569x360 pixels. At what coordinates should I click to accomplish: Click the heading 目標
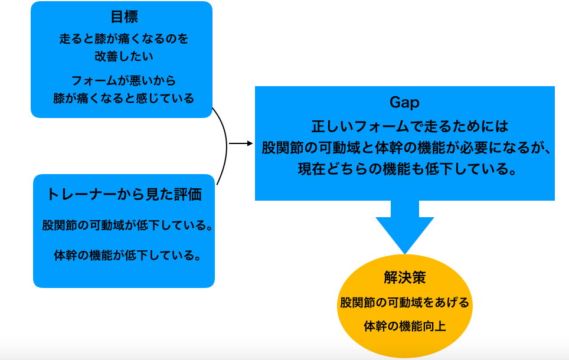click(x=124, y=17)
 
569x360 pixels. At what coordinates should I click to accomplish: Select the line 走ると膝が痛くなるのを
click(x=124, y=38)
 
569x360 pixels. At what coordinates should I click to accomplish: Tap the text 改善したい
click(x=124, y=56)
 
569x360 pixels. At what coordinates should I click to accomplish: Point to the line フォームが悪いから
click(x=123, y=80)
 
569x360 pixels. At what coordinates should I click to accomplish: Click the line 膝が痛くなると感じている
click(x=123, y=99)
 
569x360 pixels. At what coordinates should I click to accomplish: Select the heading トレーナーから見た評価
click(x=124, y=195)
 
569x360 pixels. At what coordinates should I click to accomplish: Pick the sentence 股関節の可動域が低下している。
click(x=127, y=225)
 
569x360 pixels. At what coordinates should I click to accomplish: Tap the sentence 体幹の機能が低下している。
click(x=127, y=256)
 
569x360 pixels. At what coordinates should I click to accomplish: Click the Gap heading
click(x=404, y=103)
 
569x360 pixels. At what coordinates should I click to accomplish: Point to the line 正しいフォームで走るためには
click(x=410, y=126)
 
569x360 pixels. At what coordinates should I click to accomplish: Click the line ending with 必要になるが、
click(x=407, y=148)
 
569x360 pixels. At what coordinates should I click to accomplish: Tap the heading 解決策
click(x=404, y=277)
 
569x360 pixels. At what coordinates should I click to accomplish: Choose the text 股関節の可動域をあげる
click(x=404, y=302)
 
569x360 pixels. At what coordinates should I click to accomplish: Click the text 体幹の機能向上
click(x=404, y=326)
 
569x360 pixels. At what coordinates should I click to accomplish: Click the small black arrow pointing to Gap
click(x=241, y=144)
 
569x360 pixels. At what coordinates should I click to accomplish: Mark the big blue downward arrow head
click(x=404, y=235)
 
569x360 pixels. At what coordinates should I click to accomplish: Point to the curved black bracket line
click(x=227, y=145)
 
